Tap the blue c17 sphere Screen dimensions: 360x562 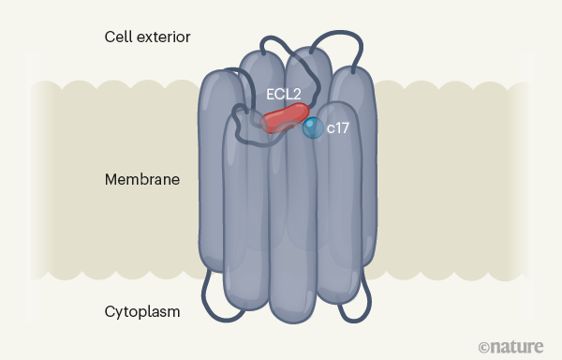pos(313,128)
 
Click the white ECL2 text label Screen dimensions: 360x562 pos(283,94)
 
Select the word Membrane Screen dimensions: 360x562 pos(141,178)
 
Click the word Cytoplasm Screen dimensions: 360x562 pos(142,310)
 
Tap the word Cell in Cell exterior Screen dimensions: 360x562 pos(118,37)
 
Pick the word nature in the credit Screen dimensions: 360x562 pos(516,346)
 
